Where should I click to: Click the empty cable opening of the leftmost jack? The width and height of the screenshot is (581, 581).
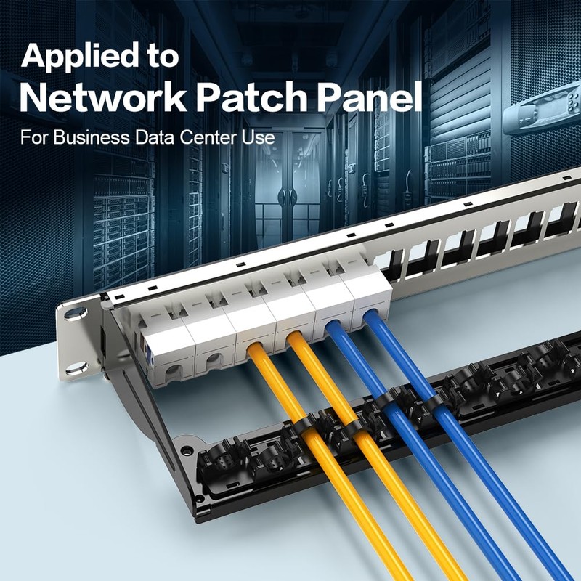click(x=172, y=369)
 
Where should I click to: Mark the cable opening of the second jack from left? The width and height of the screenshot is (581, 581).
click(x=212, y=359)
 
